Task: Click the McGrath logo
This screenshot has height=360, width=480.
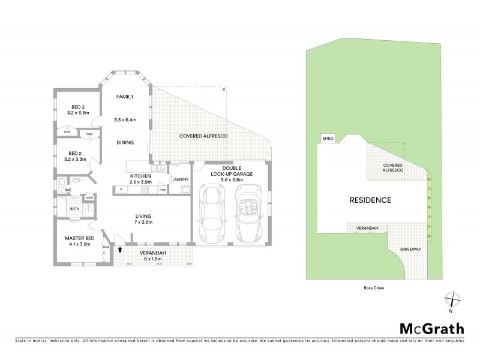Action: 431,328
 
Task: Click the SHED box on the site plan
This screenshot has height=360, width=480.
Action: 328,138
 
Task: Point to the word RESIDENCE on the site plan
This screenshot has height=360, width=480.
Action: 371,200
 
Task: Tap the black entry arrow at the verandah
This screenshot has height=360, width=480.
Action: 120,249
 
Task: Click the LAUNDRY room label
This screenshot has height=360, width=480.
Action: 180,179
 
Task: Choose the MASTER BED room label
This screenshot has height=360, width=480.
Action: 77,238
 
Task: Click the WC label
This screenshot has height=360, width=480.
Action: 68,190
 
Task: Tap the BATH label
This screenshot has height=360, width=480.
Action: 75,209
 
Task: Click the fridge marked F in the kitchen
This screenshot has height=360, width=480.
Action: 121,190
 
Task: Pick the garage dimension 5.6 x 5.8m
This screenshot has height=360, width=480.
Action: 231,180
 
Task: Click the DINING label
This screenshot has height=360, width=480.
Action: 124,142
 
